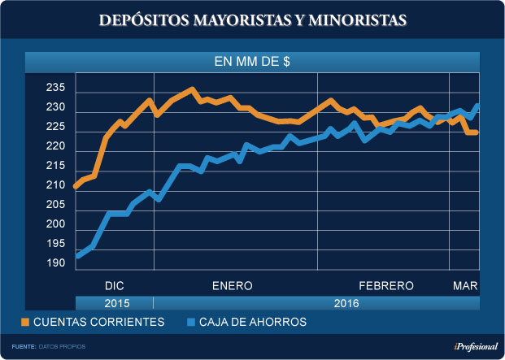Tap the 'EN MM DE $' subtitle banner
coord(252,62)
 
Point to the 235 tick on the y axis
coord(58,89)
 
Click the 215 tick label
coord(58,166)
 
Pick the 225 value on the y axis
coord(58,127)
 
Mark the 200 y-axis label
coord(58,223)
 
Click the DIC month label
coord(115,286)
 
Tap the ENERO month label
coord(233,286)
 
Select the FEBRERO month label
coord(386,286)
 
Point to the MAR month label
coord(464,286)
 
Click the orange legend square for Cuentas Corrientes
coord(26,322)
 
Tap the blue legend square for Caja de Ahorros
coord(191,322)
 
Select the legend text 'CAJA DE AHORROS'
coord(255,322)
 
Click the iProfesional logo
coord(471,346)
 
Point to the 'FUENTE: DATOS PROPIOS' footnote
coord(49,347)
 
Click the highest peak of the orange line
coord(192,89)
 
